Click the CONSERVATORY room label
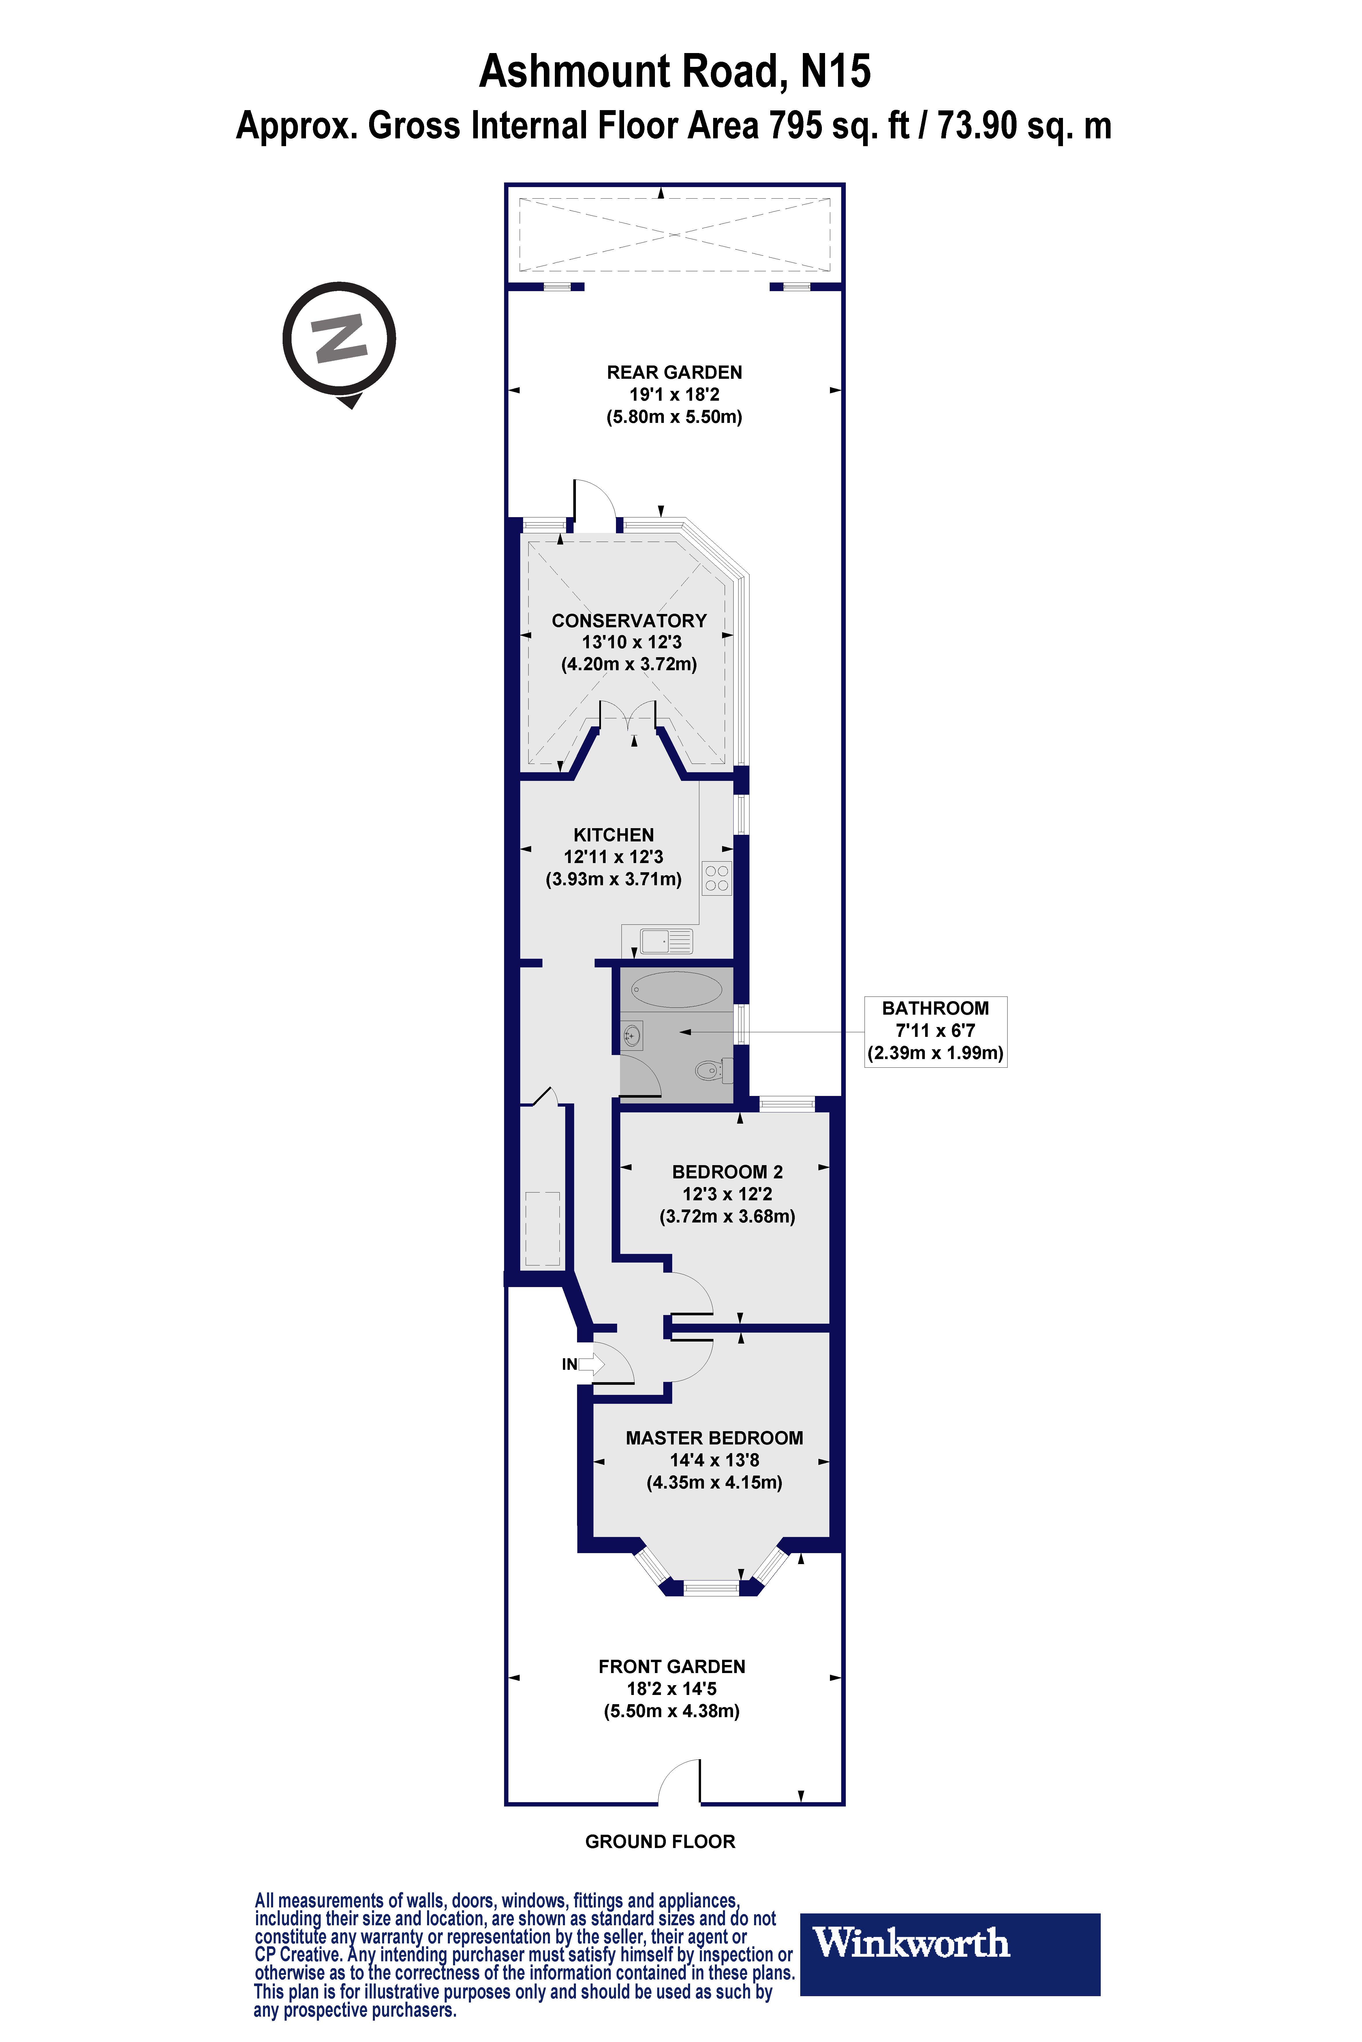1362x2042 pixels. point(629,621)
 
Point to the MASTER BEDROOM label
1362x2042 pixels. point(714,1438)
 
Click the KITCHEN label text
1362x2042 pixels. point(613,834)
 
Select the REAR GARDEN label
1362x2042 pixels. point(674,372)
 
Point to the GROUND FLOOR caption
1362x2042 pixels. point(660,1841)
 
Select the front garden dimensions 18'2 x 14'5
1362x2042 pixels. point(671,1689)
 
